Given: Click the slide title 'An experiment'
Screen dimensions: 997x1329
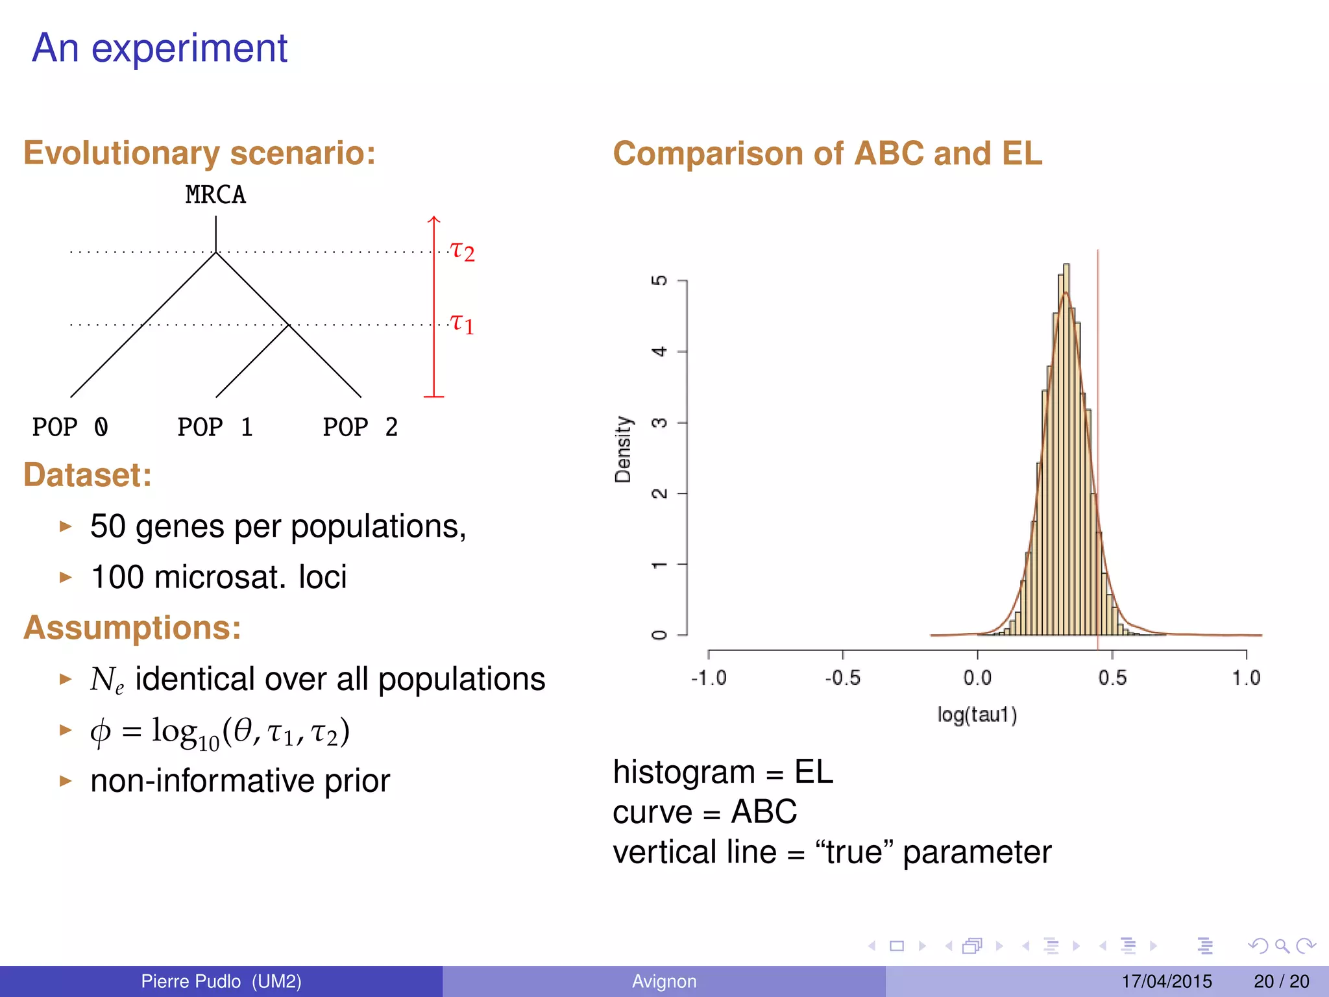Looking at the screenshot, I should pos(159,49).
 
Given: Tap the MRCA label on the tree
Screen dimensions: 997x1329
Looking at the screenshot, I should pos(215,195).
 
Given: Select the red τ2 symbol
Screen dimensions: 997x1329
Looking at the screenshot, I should pos(463,251).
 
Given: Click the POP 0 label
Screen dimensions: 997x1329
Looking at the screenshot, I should pos(70,427).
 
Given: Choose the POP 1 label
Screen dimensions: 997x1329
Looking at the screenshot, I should pos(215,427).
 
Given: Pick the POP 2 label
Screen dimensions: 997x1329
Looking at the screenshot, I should pos(361,427).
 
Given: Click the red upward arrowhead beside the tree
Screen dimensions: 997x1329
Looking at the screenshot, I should pos(434,220).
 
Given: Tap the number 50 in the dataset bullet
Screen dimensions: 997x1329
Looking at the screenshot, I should pos(108,526).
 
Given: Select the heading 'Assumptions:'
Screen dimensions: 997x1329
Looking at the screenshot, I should pos(132,628).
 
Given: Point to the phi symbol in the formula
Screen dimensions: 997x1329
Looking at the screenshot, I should pos(100,732).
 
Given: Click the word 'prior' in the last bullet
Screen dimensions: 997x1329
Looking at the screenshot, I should pos(357,781).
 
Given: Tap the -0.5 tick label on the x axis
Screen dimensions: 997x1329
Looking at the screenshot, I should pos(842,678).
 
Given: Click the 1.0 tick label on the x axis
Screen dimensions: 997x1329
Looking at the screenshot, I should pos(1246,678).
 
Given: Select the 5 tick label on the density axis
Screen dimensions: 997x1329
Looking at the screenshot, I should pos(659,280).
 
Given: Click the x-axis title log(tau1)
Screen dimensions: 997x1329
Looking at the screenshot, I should pos(977,715).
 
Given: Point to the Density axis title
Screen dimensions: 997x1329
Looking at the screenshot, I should pos(623,449).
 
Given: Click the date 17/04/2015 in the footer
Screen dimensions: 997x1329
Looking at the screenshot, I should pos(1166,981).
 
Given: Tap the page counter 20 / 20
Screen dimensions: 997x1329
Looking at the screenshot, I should pos(1281,981).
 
